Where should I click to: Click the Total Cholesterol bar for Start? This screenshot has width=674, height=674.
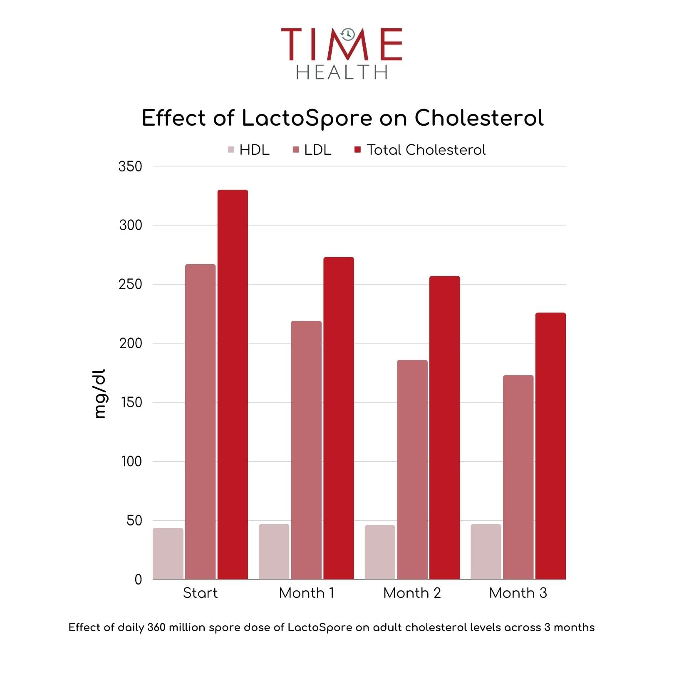[233, 384]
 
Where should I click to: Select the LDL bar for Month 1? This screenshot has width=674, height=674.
[306, 450]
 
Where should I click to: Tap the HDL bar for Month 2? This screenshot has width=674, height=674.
[380, 552]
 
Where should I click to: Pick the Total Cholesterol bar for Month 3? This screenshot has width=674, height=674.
[550, 446]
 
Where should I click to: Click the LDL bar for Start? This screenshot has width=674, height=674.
[201, 421]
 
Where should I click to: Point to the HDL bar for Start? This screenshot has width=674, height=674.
[168, 553]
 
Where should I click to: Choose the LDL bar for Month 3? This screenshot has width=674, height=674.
[518, 477]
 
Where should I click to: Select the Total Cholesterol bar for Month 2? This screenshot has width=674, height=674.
[444, 427]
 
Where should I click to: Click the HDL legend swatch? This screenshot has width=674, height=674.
[231, 150]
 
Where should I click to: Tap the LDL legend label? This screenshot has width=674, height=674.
[317, 150]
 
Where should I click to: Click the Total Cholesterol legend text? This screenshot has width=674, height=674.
[426, 150]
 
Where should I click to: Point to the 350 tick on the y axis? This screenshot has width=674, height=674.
[130, 166]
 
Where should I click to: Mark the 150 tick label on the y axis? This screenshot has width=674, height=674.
[131, 402]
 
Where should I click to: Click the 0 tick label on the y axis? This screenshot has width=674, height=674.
[138, 579]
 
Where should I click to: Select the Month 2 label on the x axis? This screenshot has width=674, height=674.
[412, 593]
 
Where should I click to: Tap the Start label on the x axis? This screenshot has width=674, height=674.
[200, 593]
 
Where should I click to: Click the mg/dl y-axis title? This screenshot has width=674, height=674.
[100, 394]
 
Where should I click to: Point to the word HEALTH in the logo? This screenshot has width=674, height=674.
[342, 72]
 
